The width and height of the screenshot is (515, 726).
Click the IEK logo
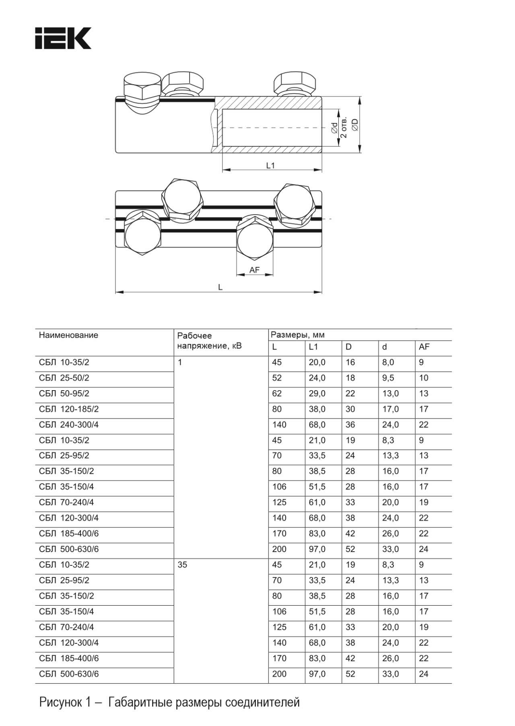[x=63, y=38]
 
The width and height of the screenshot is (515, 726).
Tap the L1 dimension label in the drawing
[x=270, y=165]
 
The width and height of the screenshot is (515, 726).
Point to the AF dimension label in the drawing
[x=254, y=270]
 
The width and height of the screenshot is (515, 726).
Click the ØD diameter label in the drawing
[x=354, y=125]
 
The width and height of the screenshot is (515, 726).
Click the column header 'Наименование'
[x=68, y=335]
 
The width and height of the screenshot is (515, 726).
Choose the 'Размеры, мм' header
[x=297, y=335]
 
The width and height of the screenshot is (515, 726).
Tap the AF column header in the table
[x=424, y=347]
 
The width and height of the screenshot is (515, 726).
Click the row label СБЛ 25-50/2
[x=64, y=378]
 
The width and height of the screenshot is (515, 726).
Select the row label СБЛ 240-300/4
[x=69, y=425]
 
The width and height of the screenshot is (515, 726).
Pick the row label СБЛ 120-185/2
[x=69, y=409]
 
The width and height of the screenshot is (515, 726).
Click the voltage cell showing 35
[x=182, y=565]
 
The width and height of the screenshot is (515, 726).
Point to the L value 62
[x=277, y=393]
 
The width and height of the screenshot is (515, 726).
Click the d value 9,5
[x=388, y=378]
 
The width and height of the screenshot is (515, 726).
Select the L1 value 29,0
[x=317, y=393]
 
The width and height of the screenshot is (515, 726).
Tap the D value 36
[x=350, y=425]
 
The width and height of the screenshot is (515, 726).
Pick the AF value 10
[x=424, y=378]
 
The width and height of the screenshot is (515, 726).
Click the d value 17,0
[x=390, y=409]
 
